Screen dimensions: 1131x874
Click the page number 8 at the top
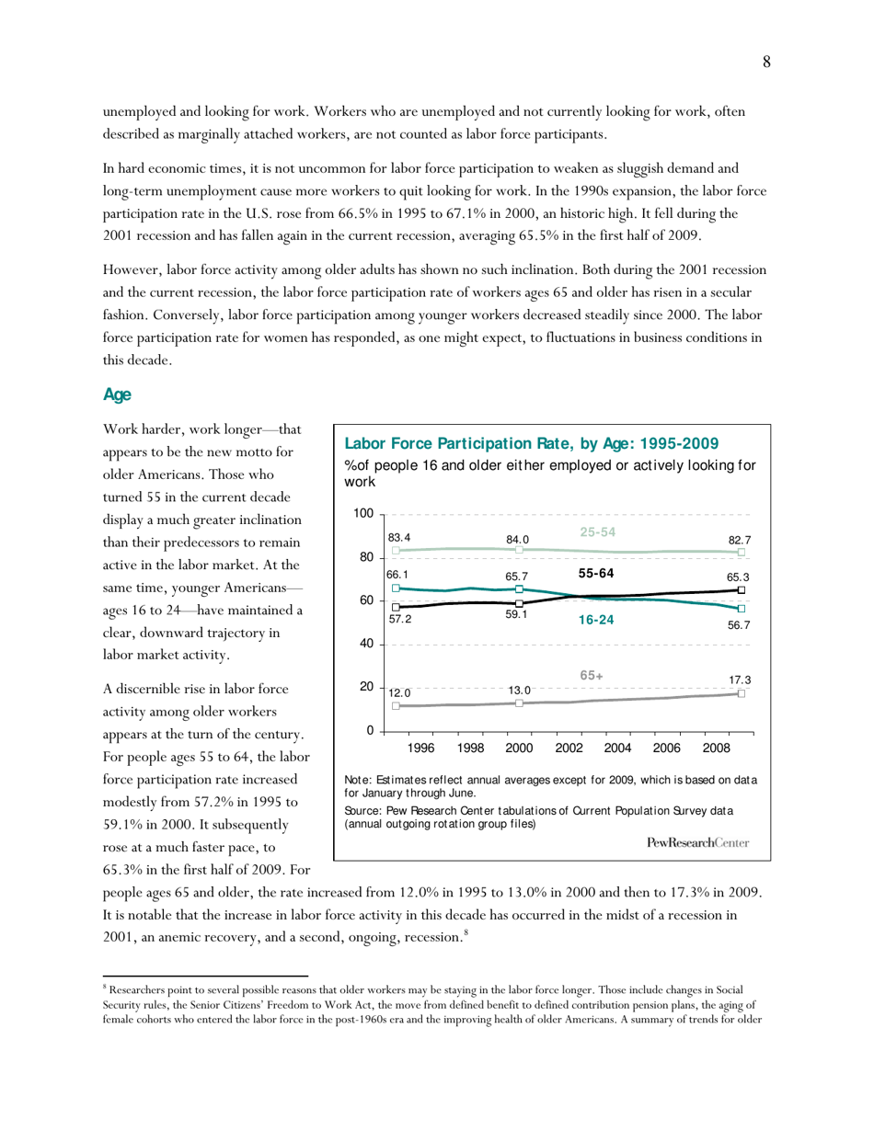click(765, 62)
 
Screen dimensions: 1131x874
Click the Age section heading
click(117, 394)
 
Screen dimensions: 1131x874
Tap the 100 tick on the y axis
click(363, 514)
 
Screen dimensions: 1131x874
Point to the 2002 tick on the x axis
click(569, 748)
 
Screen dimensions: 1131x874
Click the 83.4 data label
click(399, 536)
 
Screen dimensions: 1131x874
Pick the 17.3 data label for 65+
click(741, 680)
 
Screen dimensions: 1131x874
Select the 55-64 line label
click(596, 573)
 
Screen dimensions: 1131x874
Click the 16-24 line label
click(596, 621)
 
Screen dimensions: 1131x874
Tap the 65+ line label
click(592, 676)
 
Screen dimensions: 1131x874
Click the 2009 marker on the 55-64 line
click(742, 590)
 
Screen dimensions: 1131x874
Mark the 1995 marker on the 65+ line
click(396, 706)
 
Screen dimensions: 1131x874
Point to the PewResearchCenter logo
click(697, 842)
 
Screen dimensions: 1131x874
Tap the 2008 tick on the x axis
click(716, 748)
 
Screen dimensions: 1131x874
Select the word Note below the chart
click(358, 781)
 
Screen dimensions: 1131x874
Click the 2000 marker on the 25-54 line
click(520, 549)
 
